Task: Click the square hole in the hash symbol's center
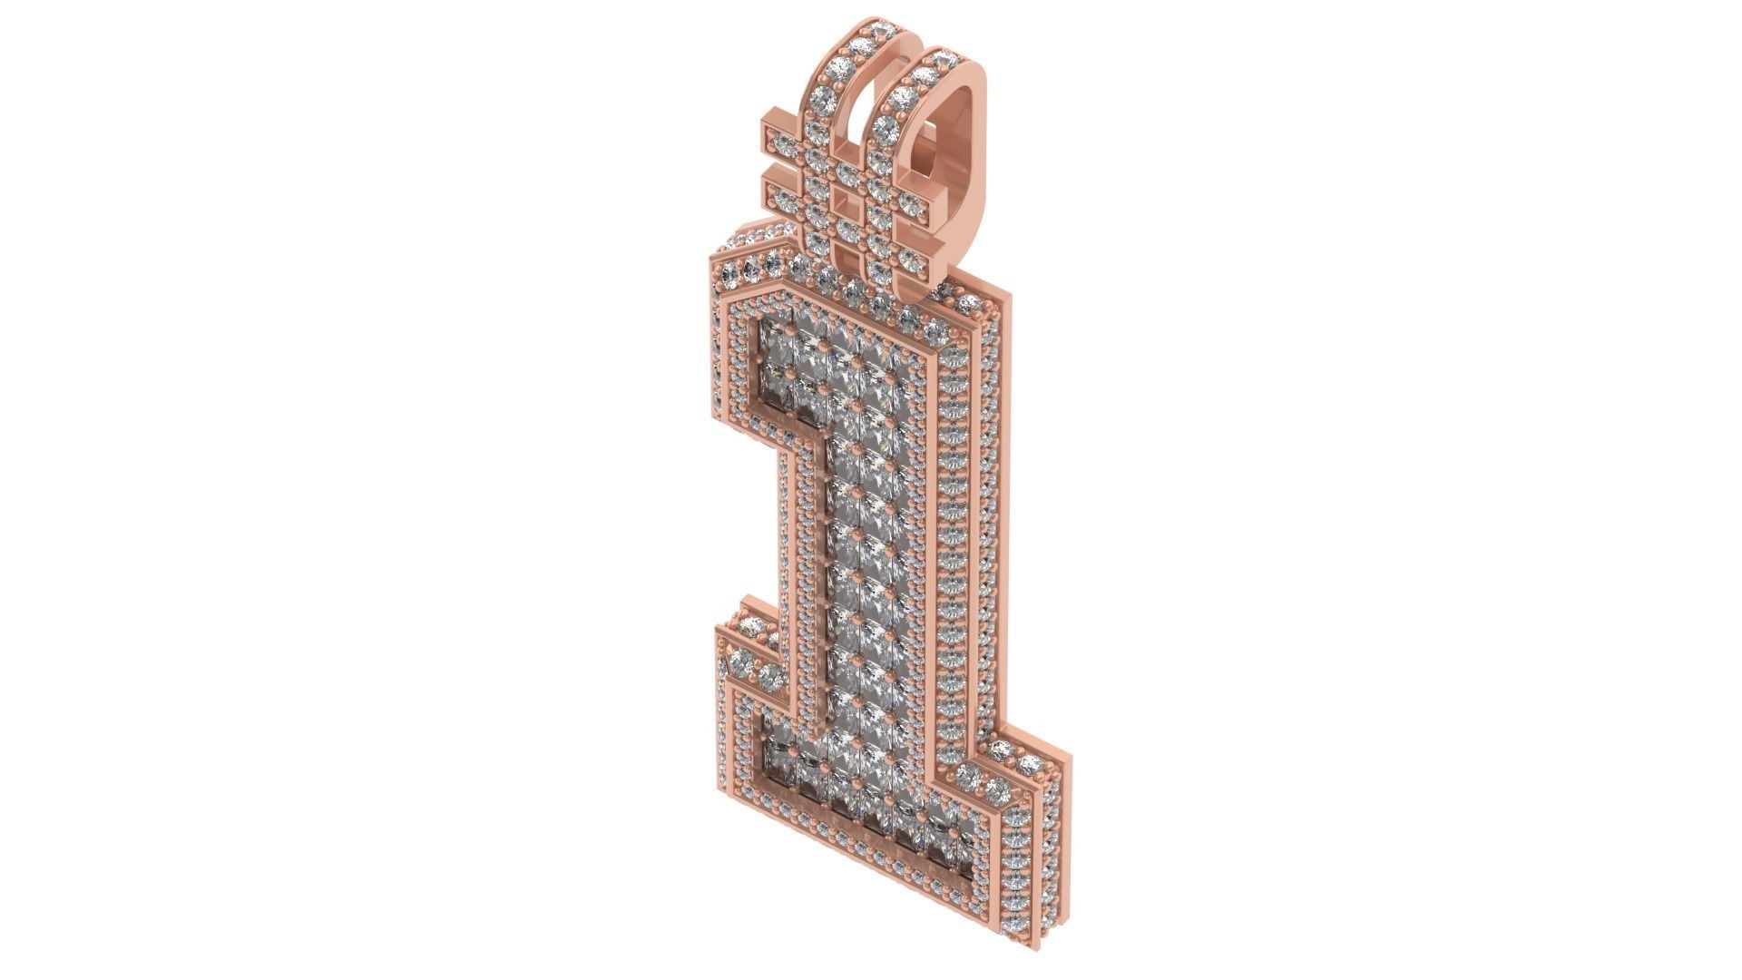point(847,198)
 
